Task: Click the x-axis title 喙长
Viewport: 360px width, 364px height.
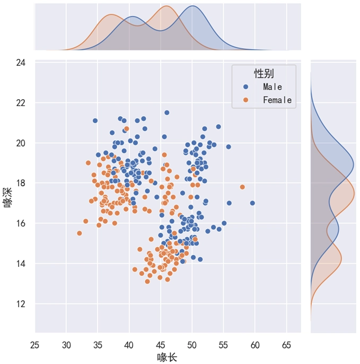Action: [x=167, y=357]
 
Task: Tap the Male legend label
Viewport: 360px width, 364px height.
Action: [x=273, y=86]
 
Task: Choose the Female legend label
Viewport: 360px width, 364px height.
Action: [x=277, y=100]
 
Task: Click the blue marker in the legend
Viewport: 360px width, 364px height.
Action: [x=245, y=86]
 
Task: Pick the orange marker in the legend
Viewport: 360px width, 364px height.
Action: [x=245, y=100]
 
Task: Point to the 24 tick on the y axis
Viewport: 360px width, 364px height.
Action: [x=21, y=63]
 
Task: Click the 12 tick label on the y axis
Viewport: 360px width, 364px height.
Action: [x=21, y=304]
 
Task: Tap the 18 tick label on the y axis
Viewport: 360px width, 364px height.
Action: [x=21, y=183]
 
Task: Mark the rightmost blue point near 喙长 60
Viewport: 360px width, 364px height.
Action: [x=252, y=203]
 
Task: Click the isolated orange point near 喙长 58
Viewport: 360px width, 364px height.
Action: [x=242, y=187]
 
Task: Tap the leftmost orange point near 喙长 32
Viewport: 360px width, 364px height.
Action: [x=80, y=233]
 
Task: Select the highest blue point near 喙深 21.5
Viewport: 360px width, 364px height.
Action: [x=167, y=112]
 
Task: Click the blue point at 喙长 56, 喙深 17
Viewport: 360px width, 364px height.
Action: [x=229, y=203]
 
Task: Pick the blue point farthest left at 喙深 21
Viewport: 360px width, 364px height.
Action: [x=95, y=120]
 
